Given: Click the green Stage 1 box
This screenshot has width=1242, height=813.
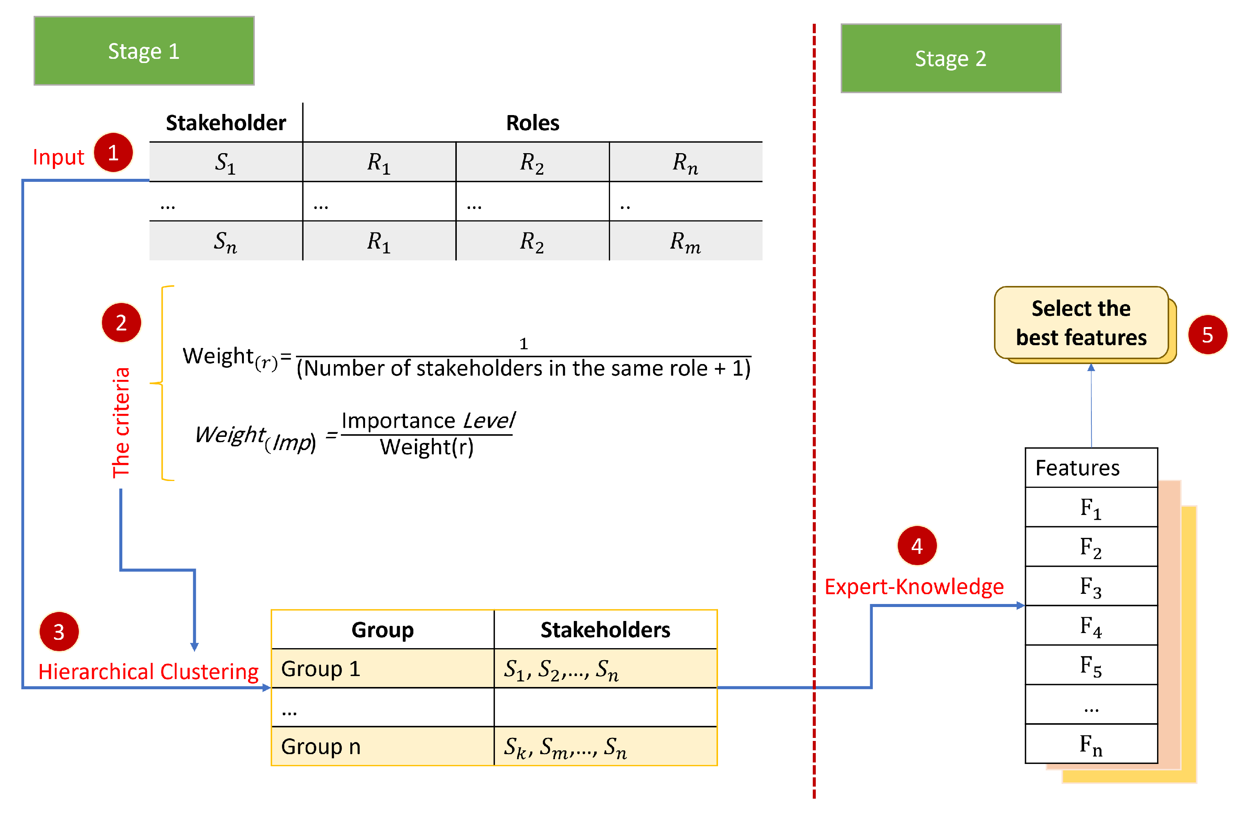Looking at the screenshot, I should click(144, 51).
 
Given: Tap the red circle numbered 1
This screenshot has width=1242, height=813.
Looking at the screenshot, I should click(113, 152).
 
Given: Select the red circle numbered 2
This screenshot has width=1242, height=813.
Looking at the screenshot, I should click(121, 322).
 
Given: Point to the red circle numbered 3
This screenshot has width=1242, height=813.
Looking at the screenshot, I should click(59, 632).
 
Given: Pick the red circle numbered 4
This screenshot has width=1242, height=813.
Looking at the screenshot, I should click(917, 546).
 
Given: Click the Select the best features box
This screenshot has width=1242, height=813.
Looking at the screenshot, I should click(1081, 323).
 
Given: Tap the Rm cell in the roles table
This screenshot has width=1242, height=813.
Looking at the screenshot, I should click(685, 241).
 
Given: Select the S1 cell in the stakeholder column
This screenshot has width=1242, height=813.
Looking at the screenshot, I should click(225, 162).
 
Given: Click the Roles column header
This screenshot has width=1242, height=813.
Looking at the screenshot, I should click(532, 123).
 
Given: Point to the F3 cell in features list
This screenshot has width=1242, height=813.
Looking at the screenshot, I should click(1091, 586).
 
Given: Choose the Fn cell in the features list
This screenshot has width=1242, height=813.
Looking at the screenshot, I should click(1091, 744).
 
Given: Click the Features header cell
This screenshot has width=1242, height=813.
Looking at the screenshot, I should click(1091, 468).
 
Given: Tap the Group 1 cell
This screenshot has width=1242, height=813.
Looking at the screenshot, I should click(382, 669).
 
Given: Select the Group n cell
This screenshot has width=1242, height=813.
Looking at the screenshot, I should click(382, 746).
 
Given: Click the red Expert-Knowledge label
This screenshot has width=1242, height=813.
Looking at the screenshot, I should click(914, 587).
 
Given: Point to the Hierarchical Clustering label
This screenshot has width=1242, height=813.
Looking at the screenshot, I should click(148, 672).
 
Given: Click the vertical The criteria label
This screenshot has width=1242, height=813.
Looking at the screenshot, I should click(121, 423).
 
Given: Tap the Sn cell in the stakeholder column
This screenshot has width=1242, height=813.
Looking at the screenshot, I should click(225, 241).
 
